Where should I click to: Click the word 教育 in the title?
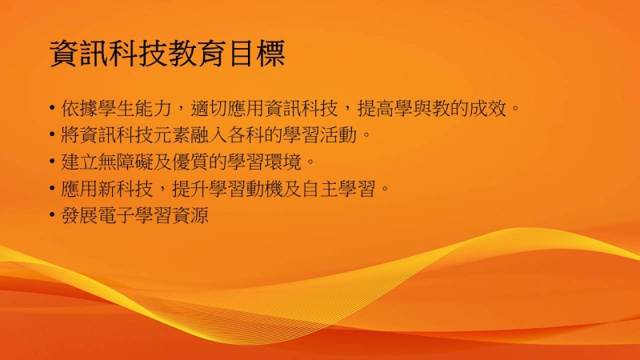click(x=197, y=54)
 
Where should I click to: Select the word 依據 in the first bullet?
click(x=79, y=109)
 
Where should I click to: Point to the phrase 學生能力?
click(x=135, y=109)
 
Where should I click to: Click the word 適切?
click(x=209, y=109)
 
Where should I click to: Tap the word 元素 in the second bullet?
click(x=172, y=135)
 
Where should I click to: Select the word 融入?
click(x=209, y=135)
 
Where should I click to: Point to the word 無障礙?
click(x=126, y=162)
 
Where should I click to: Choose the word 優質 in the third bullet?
click(x=190, y=162)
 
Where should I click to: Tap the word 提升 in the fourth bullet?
click(x=190, y=189)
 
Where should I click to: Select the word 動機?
click(x=264, y=189)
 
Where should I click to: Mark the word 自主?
click(x=319, y=189)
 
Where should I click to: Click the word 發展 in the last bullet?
click(x=79, y=215)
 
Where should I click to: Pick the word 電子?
click(x=116, y=215)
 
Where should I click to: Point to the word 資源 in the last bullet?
click(x=190, y=215)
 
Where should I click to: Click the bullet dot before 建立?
click(x=52, y=162)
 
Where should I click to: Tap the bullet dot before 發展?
click(x=52, y=214)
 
